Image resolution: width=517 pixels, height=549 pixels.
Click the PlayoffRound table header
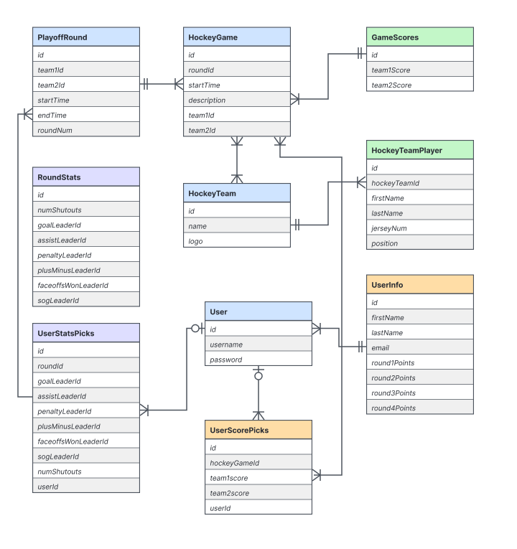[86, 37]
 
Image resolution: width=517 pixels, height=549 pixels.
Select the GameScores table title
[395, 37]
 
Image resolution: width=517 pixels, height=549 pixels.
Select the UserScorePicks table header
[258, 430]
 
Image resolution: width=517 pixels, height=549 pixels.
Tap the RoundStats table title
[59, 177]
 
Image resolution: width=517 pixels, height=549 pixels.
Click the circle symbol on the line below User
[258, 376]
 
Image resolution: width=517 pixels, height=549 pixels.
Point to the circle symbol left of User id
[195, 329]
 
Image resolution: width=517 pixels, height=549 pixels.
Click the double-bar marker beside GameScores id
[360, 54]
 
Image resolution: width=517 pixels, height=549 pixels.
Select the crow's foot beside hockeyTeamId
[361, 182]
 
